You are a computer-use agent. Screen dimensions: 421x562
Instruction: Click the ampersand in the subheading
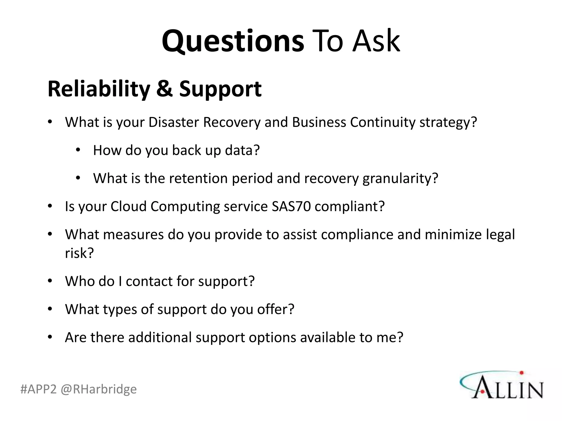point(165,89)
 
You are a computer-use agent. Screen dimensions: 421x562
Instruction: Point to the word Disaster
point(173,122)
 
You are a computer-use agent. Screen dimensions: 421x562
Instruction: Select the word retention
point(198,178)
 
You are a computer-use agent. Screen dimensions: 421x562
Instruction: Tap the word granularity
point(400,178)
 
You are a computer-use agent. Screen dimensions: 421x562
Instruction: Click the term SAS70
point(291,206)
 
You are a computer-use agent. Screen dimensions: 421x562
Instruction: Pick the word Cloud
point(128,206)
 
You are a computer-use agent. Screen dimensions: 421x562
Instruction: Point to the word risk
point(79,253)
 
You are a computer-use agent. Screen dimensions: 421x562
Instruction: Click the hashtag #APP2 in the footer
point(38,389)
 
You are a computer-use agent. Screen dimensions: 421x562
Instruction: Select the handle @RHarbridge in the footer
point(99,389)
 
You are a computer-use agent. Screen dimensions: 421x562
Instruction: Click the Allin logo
point(502,385)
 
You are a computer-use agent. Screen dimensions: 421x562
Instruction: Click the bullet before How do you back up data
point(78,150)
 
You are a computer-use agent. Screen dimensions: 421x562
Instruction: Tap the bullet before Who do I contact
point(50,281)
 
